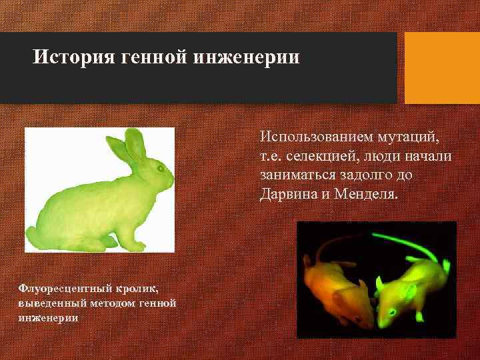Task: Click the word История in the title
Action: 74,56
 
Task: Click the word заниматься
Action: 299,176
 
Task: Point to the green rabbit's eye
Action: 160,169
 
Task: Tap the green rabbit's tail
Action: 31,235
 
